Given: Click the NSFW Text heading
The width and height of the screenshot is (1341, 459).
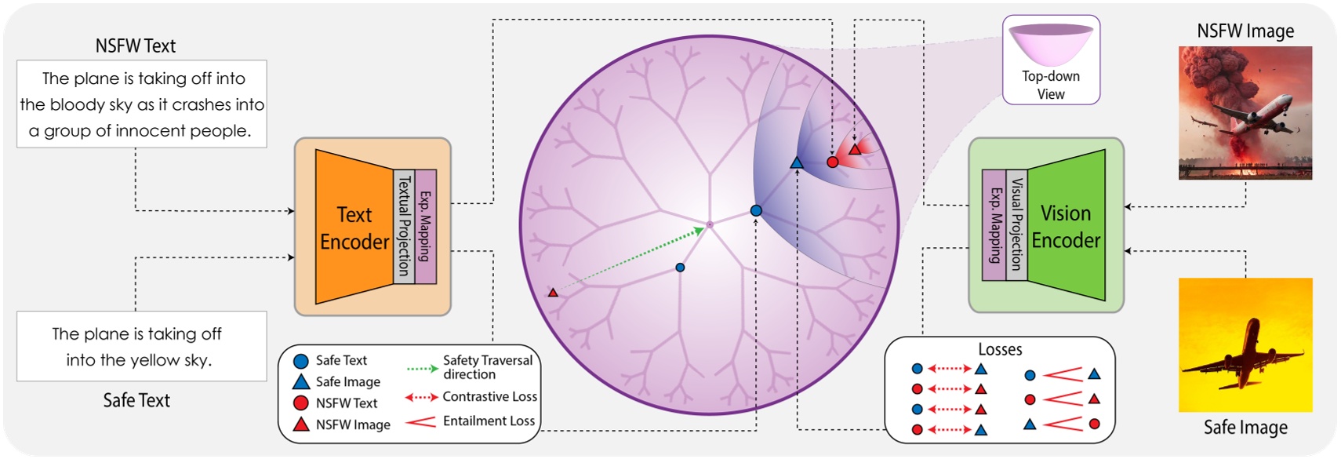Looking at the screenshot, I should pos(135,46).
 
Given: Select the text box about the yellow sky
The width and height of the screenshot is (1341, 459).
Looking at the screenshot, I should pos(141,346).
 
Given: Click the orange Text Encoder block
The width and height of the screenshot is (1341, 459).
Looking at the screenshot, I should pos(354,228).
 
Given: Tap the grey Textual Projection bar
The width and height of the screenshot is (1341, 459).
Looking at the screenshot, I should pos(404,226).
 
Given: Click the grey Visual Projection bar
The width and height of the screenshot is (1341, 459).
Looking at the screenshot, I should pos(1016,224).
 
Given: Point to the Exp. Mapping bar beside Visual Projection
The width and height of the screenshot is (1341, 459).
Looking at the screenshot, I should pos(994,224).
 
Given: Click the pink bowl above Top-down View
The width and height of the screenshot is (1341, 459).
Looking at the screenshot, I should pos(1051,43).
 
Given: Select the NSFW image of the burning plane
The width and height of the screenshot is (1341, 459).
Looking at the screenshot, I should pos(1245,112).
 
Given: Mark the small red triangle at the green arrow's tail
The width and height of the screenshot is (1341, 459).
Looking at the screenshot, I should pos(553,293).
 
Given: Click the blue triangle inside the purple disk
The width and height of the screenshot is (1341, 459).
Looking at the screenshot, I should pos(797,163).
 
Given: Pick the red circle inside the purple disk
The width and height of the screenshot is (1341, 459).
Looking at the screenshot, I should pos(833,162).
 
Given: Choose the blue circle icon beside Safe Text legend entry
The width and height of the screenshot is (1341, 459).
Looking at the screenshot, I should pos(300,362).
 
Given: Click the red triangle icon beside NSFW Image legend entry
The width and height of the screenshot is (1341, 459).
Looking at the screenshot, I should pos(300,424).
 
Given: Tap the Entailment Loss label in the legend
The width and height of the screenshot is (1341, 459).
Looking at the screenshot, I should pos(489,421).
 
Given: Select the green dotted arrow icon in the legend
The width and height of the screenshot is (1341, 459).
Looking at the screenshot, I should pos(422,367).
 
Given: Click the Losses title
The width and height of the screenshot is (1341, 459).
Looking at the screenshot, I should pos(1000,349).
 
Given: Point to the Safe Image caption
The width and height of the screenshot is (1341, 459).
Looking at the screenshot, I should pos(1245,428).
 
